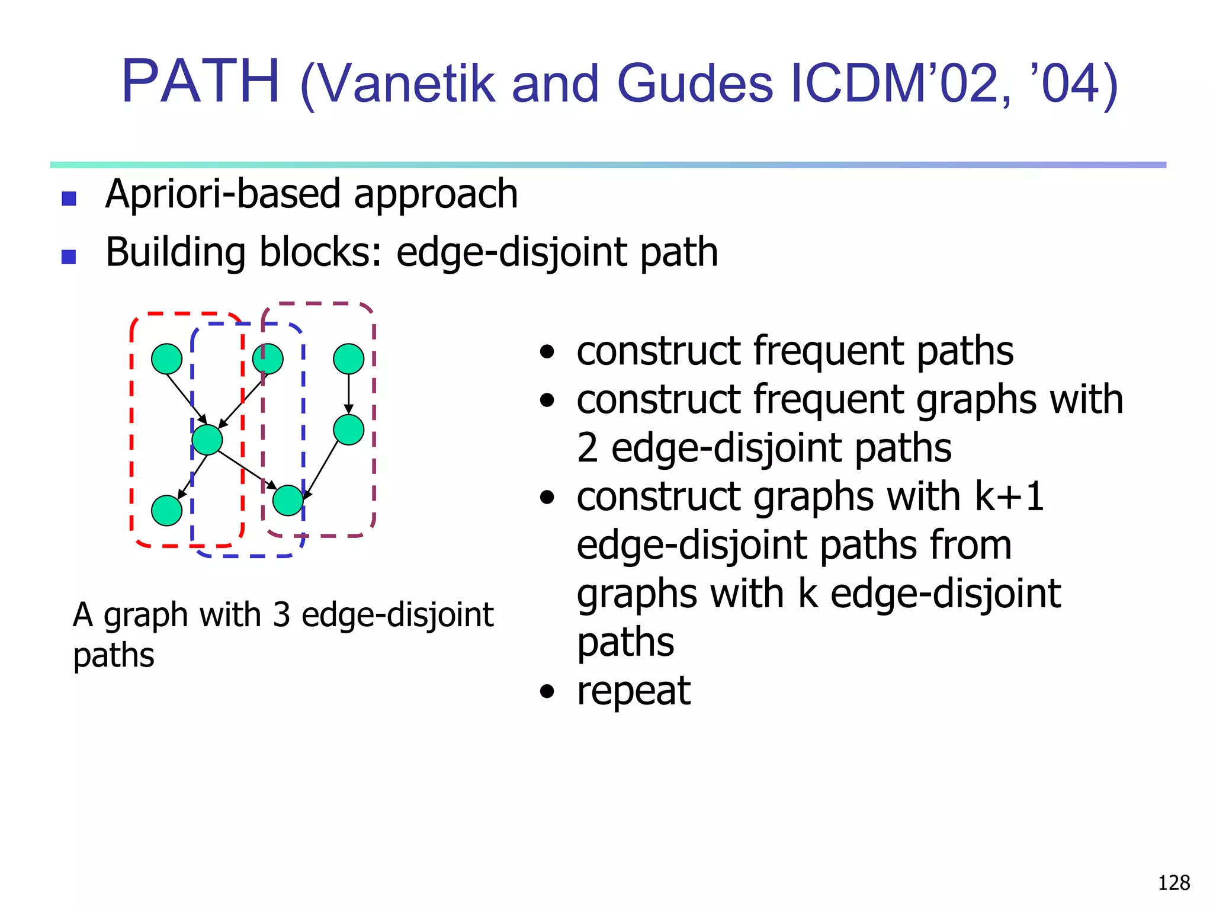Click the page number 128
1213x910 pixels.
click(1173, 883)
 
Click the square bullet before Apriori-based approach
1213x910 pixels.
click(69, 198)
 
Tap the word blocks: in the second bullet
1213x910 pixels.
click(320, 252)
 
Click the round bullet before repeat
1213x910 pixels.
click(547, 691)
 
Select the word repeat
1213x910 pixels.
click(633, 691)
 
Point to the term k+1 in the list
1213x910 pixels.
click(1009, 496)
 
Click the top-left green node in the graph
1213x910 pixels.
click(166, 359)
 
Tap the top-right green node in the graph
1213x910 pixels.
click(348, 359)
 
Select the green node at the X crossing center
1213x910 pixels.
click(207, 440)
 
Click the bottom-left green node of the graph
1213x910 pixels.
click(166, 511)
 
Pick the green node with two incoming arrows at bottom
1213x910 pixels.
click(288, 501)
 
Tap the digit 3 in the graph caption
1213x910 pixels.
click(281, 615)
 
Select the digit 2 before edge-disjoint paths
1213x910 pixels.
click(587, 448)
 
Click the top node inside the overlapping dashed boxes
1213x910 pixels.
click(268, 359)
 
